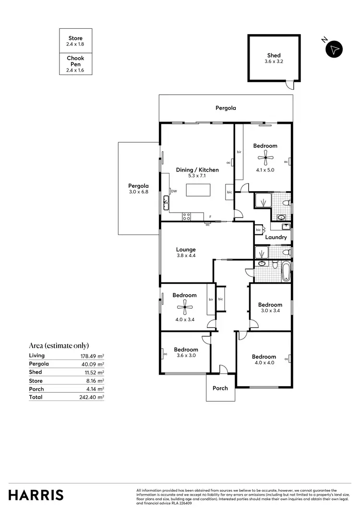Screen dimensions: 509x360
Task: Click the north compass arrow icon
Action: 335,49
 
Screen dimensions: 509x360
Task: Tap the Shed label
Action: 274,55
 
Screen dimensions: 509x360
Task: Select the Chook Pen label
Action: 75,61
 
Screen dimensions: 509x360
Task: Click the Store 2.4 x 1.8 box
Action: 75,41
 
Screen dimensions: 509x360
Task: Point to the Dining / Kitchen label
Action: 197,170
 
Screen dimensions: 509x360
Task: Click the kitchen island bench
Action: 199,189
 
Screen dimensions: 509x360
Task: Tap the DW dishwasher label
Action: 174,191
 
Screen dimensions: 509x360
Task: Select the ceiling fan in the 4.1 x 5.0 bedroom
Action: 265,156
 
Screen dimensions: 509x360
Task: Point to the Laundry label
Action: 276,237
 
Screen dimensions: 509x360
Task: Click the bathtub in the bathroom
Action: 286,271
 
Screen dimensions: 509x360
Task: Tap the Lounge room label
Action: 186,250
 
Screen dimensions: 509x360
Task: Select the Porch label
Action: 220,388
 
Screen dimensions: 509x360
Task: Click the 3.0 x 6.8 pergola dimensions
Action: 138,192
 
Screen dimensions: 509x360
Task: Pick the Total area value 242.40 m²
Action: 92,397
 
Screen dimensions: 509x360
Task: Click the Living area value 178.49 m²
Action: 92,356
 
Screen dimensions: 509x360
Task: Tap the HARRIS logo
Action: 36,495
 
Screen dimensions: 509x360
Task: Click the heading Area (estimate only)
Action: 59,345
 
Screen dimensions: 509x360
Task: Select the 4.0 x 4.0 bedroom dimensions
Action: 264,364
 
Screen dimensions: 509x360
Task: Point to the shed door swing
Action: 288,85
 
